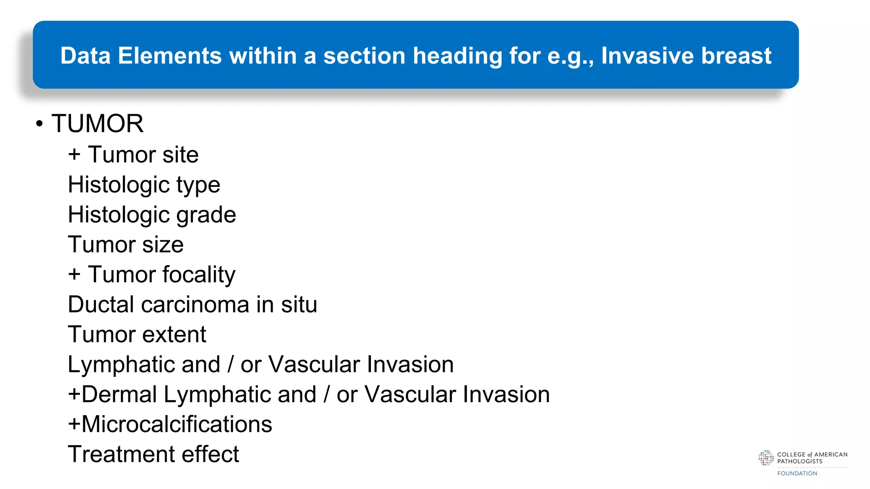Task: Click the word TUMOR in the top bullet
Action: (97, 124)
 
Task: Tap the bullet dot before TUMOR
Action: (40, 124)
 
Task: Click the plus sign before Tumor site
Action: (74, 154)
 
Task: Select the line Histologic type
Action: (144, 185)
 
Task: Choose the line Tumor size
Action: (126, 245)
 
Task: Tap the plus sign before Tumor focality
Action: (74, 274)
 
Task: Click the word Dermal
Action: (119, 394)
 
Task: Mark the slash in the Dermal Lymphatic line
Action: (327, 394)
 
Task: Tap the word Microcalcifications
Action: (176, 424)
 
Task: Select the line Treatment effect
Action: (153, 454)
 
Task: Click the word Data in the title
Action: (85, 56)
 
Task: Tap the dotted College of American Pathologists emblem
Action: (766, 458)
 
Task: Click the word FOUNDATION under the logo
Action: (797, 473)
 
